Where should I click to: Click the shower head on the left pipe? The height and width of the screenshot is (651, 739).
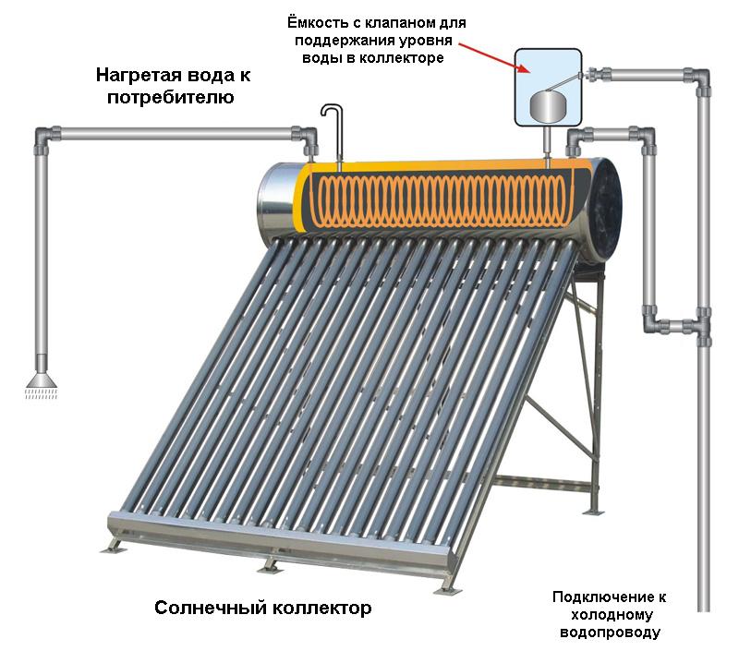pos(41,379)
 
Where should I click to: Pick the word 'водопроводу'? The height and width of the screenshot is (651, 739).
pos(611,633)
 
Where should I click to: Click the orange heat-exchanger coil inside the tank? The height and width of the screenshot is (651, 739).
pos(443,199)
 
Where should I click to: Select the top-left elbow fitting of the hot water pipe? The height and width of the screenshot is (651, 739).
pos(42,138)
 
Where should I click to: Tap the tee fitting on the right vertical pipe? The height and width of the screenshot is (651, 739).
pos(701,324)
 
